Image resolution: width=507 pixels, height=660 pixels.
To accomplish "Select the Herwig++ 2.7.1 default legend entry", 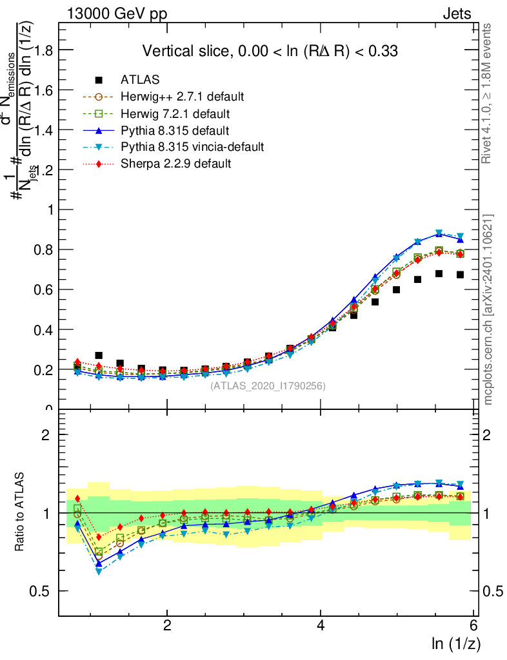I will tap(182, 97).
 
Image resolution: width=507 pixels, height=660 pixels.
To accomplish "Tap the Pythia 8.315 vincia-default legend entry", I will tap(192, 147).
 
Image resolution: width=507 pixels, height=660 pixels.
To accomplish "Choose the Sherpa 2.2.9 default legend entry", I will tap(175, 164).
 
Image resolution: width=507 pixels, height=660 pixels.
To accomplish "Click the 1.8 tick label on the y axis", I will tap(42, 50).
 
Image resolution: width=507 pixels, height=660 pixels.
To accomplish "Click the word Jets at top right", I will tap(457, 14).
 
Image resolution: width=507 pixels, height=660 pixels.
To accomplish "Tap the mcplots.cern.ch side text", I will tap(488, 310).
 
